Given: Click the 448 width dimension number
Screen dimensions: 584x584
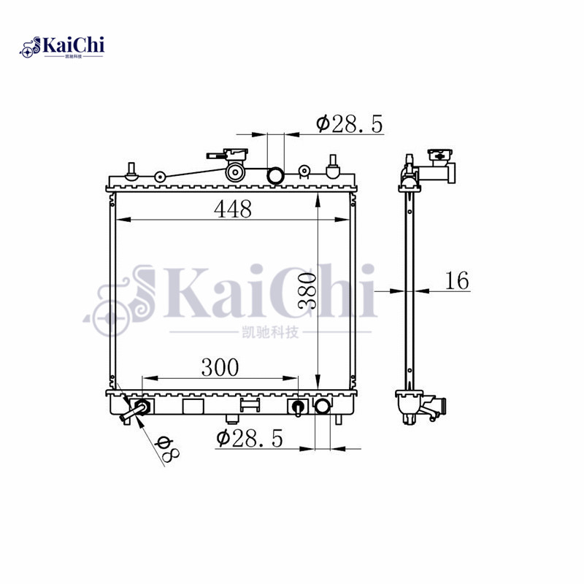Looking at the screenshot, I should pos(232,209).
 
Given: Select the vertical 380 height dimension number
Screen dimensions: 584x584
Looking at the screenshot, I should pos(306,291).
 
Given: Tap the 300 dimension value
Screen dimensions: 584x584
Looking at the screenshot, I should pos(220,368).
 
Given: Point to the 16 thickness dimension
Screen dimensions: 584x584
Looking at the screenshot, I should pos(456,280).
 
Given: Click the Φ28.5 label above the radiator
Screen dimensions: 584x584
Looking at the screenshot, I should pos(349,124).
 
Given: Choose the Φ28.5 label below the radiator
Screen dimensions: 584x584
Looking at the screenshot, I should pos(249,438).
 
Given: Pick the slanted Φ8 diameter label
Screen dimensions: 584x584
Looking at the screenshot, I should pos(166,447).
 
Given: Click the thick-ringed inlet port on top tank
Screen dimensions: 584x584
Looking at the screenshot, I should pos(277,176).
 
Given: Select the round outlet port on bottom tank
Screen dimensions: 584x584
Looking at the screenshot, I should pos(322,406).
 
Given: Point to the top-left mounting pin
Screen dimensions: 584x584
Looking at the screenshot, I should pos(132,169).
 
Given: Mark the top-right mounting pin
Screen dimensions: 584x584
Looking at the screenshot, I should pos(333,166).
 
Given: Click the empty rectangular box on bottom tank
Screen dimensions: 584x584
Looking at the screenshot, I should pos(193,407).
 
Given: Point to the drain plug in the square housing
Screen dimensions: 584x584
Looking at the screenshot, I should pos(298,407).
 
